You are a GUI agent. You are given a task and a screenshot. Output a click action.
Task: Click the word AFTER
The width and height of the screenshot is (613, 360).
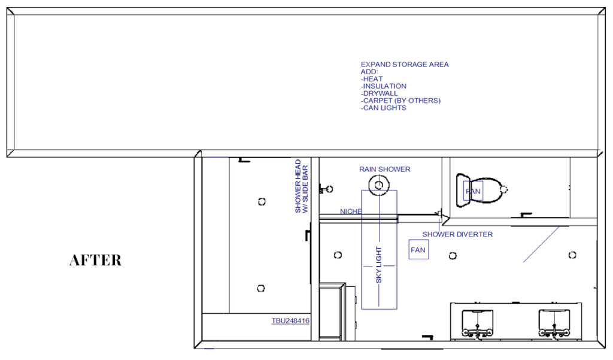pyautogui.click(x=95, y=260)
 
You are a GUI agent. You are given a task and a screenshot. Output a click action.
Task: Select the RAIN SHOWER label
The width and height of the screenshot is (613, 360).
pyautogui.click(x=385, y=170)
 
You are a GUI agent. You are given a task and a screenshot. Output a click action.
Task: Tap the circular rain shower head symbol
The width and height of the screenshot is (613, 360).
pyautogui.click(x=379, y=184)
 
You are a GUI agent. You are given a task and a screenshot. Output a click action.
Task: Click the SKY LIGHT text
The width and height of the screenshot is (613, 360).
pyautogui.click(x=378, y=265)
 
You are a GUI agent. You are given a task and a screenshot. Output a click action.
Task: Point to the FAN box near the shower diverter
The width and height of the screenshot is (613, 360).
pyautogui.click(x=418, y=250)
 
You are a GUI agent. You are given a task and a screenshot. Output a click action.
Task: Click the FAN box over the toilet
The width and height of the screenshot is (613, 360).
pyautogui.click(x=473, y=191)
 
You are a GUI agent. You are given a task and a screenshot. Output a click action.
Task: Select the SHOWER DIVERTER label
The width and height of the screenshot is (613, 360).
pyautogui.click(x=457, y=234)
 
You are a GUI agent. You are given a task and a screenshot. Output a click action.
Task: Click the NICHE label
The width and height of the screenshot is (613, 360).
pyautogui.click(x=351, y=211)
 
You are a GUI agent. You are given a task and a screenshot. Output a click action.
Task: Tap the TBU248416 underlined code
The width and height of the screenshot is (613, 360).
pyautogui.click(x=290, y=321)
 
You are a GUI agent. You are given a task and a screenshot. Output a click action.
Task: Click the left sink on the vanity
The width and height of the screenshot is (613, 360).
pyautogui.click(x=477, y=322)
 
